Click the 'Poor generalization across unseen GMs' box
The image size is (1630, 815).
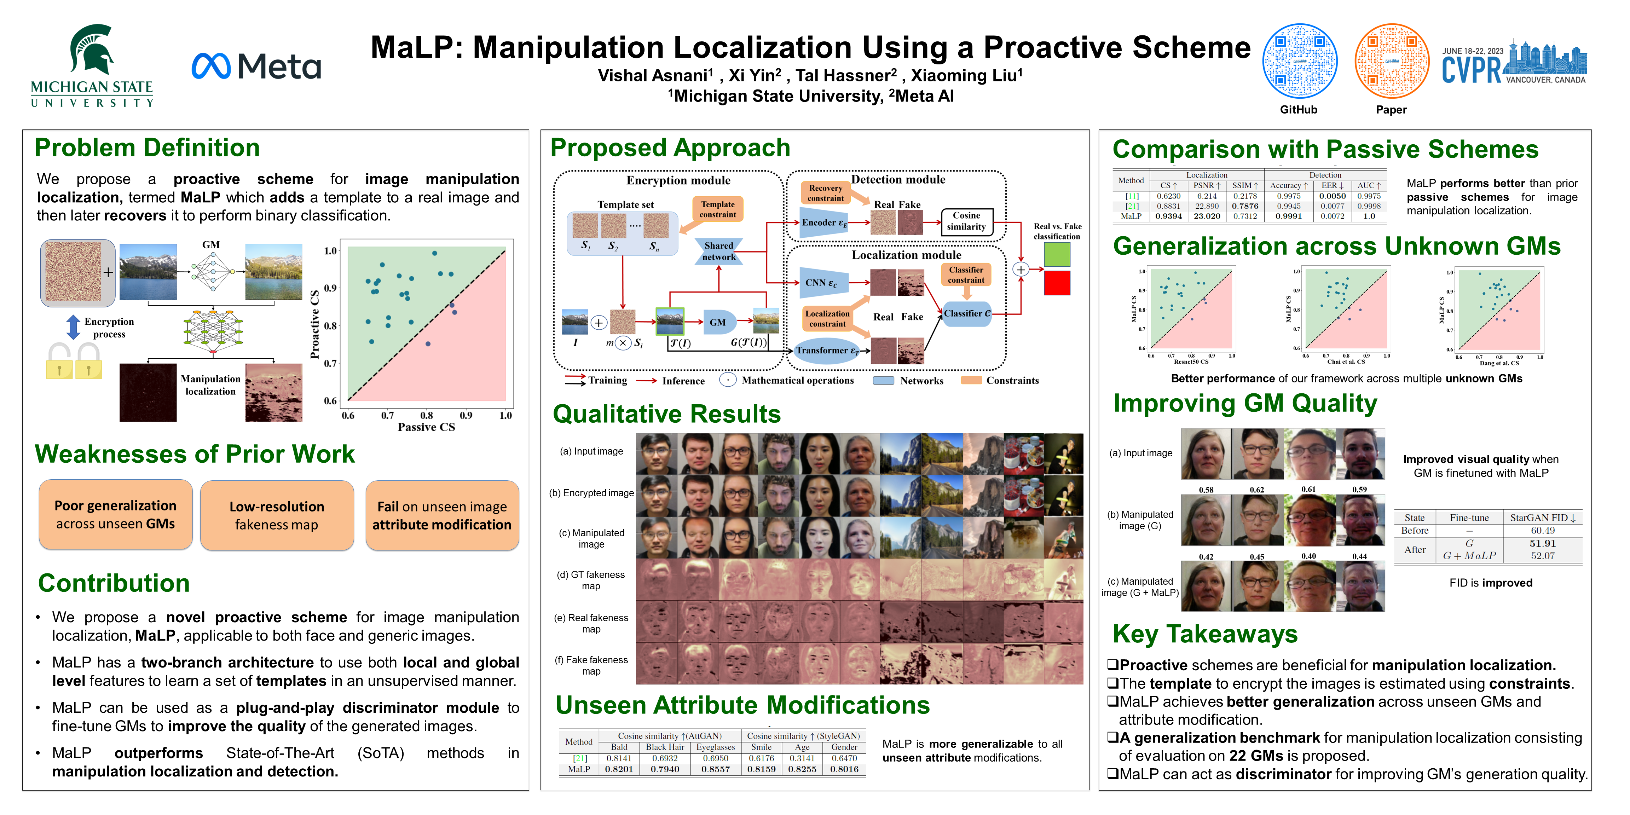point(116,514)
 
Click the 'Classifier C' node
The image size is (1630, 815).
point(966,313)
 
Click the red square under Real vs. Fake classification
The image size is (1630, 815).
point(1057,283)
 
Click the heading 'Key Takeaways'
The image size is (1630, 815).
point(1205,634)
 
